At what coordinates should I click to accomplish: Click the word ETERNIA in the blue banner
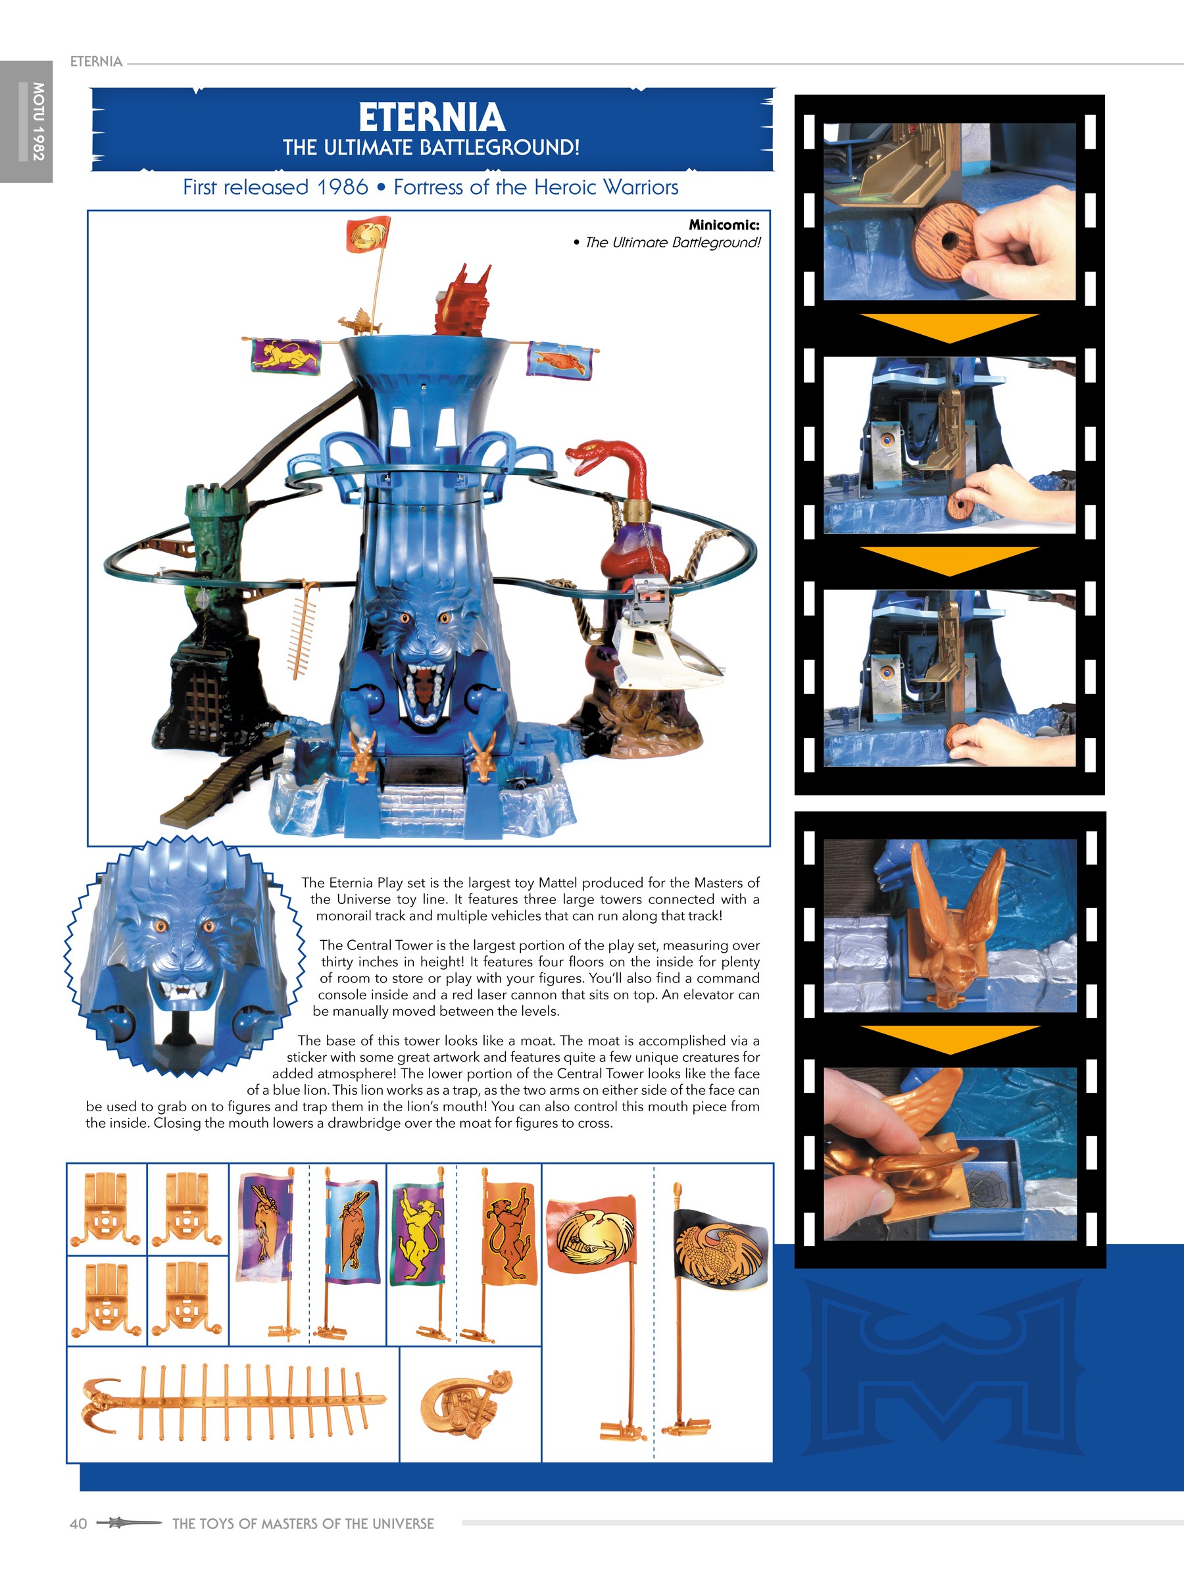(x=432, y=117)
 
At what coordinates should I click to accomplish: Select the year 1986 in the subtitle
(x=343, y=187)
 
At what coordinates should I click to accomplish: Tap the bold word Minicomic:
(x=724, y=225)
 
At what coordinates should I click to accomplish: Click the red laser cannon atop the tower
(x=463, y=300)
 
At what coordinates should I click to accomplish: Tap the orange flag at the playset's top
(x=368, y=235)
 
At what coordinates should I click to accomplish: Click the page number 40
(x=78, y=1524)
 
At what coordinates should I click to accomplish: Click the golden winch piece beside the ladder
(x=465, y=1403)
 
